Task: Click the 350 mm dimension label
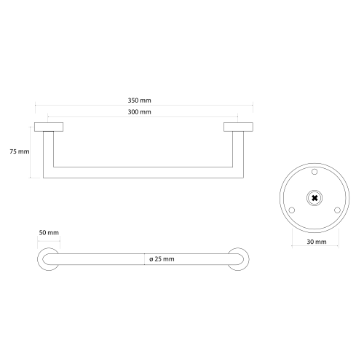coord(139,100)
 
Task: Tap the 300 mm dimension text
coord(139,112)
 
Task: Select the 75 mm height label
coord(20,151)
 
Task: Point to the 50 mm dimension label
coord(49,232)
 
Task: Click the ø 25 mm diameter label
coord(162,259)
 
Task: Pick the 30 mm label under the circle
coord(317,242)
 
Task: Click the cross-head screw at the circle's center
coord(314,198)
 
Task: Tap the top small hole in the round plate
coord(314,172)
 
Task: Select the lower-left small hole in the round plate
coord(292,210)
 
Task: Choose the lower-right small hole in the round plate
coord(337,210)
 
